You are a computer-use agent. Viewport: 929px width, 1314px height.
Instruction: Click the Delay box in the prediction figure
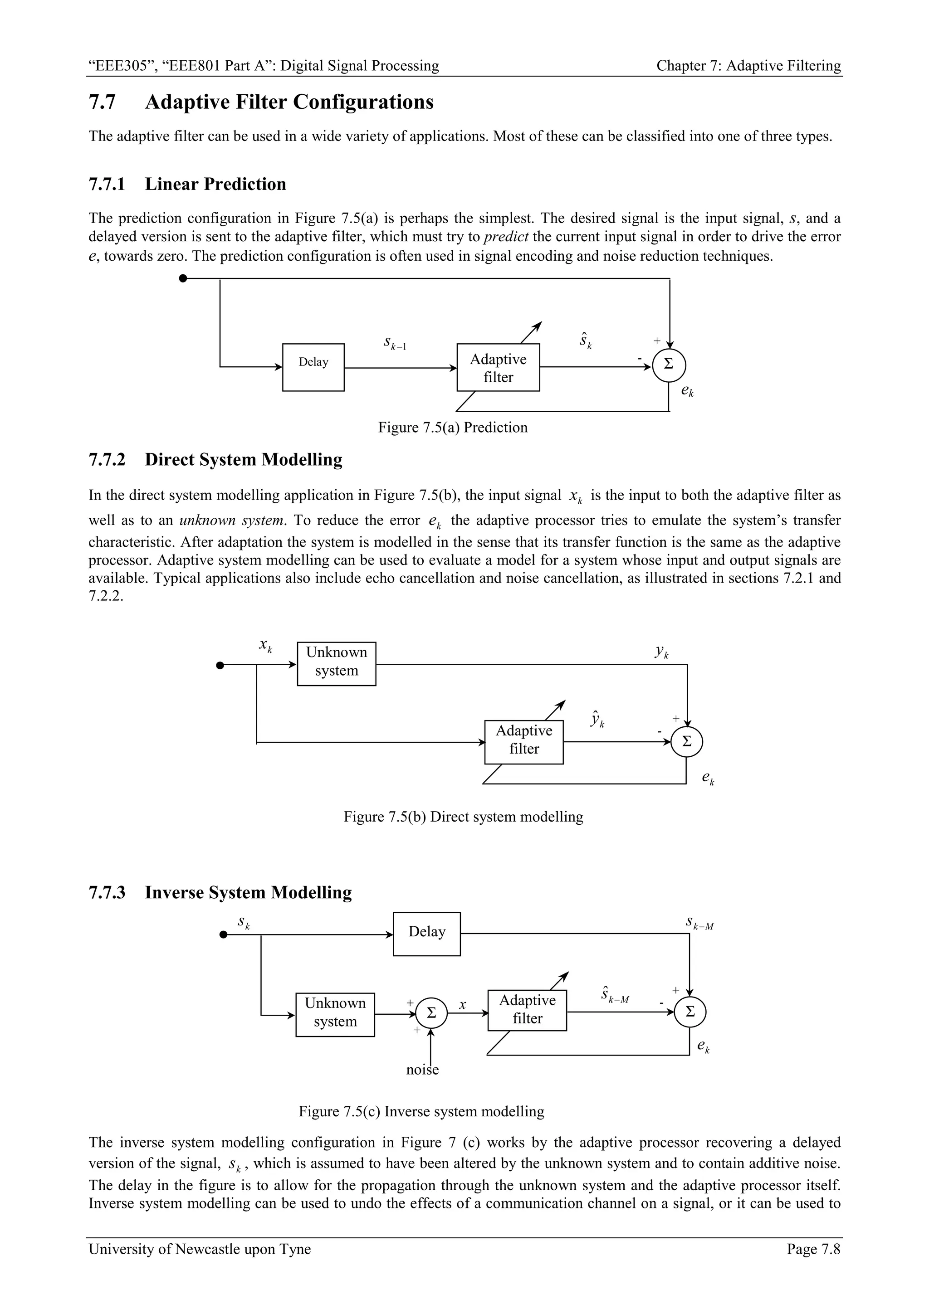313,367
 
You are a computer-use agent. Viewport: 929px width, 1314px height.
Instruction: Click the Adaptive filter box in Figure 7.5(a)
498,367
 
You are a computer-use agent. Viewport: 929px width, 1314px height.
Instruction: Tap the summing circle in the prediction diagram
669,365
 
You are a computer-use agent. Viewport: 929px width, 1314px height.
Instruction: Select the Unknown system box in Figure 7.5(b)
337,663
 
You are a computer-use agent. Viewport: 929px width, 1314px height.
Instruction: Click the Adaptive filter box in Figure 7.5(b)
524,742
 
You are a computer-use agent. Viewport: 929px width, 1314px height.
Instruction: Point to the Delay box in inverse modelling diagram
426,934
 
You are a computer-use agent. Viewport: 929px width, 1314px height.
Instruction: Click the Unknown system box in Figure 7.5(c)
335,1014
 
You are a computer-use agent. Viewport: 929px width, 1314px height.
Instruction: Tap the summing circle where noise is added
431,1013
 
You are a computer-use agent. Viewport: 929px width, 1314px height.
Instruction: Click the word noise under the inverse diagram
422,1070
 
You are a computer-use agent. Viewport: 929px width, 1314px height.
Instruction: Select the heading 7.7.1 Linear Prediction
187,184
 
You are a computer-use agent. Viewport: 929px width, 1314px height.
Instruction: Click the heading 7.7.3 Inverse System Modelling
220,892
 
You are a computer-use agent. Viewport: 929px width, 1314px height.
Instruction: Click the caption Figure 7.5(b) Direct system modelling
463,817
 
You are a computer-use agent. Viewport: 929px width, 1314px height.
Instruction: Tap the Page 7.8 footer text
813,1265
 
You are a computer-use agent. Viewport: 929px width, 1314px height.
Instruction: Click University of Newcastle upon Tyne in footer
200,1265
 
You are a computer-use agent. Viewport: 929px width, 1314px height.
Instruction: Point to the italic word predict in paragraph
505,237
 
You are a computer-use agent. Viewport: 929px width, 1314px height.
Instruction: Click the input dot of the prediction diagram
183,279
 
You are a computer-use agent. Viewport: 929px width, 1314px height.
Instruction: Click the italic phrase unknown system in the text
232,520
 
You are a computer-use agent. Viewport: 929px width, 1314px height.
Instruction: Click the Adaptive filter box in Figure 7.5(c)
527,1011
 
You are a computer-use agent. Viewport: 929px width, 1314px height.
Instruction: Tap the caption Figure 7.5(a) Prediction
453,428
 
